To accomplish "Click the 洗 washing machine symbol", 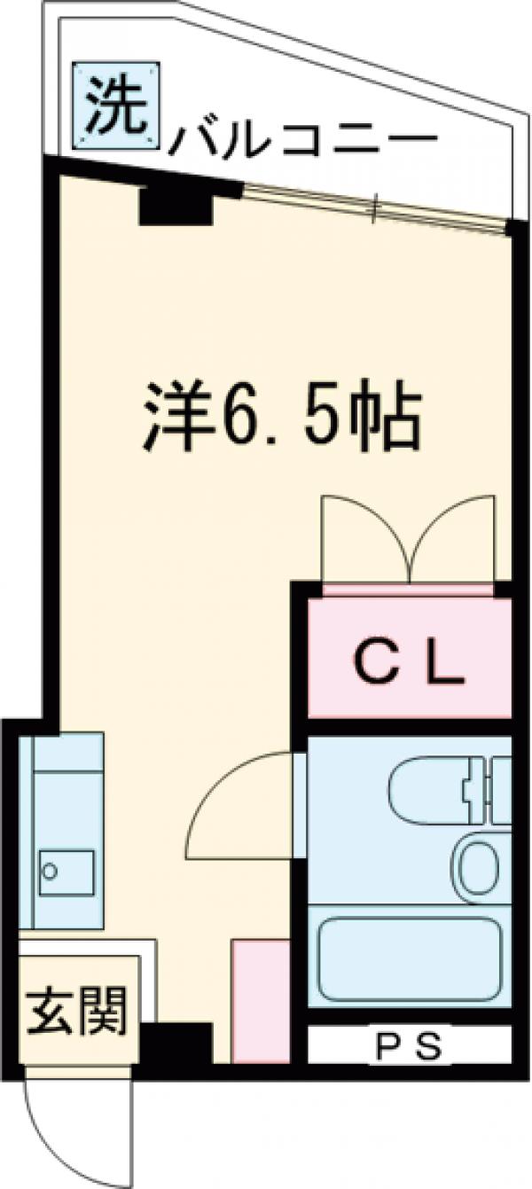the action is coord(116,106).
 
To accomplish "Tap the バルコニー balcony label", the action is coord(303,137).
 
